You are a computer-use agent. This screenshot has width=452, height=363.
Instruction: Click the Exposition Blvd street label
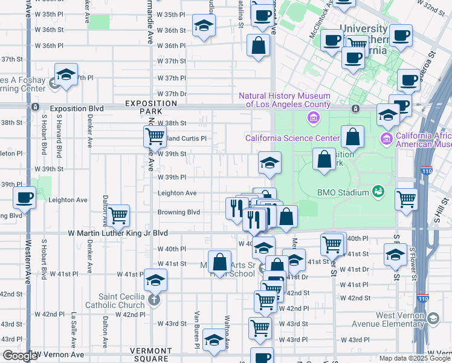point(77,109)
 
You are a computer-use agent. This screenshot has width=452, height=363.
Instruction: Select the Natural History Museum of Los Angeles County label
point(285,100)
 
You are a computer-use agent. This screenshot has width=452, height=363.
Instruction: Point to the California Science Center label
point(292,138)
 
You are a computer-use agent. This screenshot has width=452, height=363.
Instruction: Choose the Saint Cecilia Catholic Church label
point(122,301)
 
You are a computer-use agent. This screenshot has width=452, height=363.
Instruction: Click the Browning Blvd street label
point(178,212)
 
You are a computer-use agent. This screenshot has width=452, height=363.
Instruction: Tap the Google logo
point(20,356)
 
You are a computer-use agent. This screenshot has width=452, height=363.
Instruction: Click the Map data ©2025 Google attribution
point(414,358)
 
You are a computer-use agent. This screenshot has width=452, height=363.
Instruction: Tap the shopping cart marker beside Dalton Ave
point(118,214)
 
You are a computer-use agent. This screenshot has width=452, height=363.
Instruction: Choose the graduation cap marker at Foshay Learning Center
point(66,75)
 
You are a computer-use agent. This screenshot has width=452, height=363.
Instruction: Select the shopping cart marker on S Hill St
point(406,198)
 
